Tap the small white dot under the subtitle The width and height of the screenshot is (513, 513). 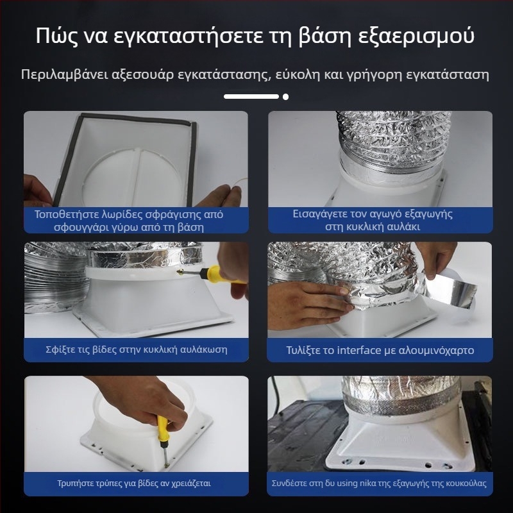(285, 97)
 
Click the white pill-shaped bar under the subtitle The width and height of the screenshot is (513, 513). (251, 97)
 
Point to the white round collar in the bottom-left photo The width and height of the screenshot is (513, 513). (115, 410)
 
